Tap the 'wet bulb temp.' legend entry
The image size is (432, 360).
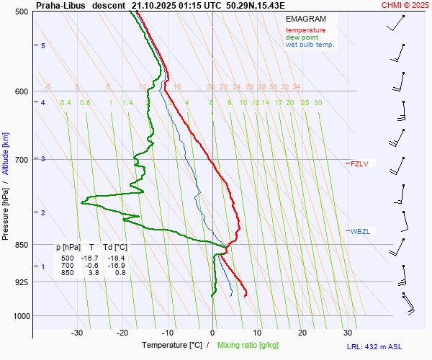[x=310, y=45]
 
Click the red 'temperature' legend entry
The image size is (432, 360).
[x=305, y=30]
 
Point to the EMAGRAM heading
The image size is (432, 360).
[x=305, y=18]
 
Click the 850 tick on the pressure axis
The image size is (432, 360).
[x=21, y=245]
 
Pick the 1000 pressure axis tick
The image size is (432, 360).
[x=19, y=316]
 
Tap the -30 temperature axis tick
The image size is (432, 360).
[x=78, y=333]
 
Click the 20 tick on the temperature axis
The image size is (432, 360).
[x=302, y=333]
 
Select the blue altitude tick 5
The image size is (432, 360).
[x=43, y=45]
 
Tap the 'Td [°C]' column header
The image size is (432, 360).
[x=115, y=247]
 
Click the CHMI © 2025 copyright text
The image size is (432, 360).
[x=406, y=4]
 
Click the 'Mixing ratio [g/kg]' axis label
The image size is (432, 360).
[x=259, y=346]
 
